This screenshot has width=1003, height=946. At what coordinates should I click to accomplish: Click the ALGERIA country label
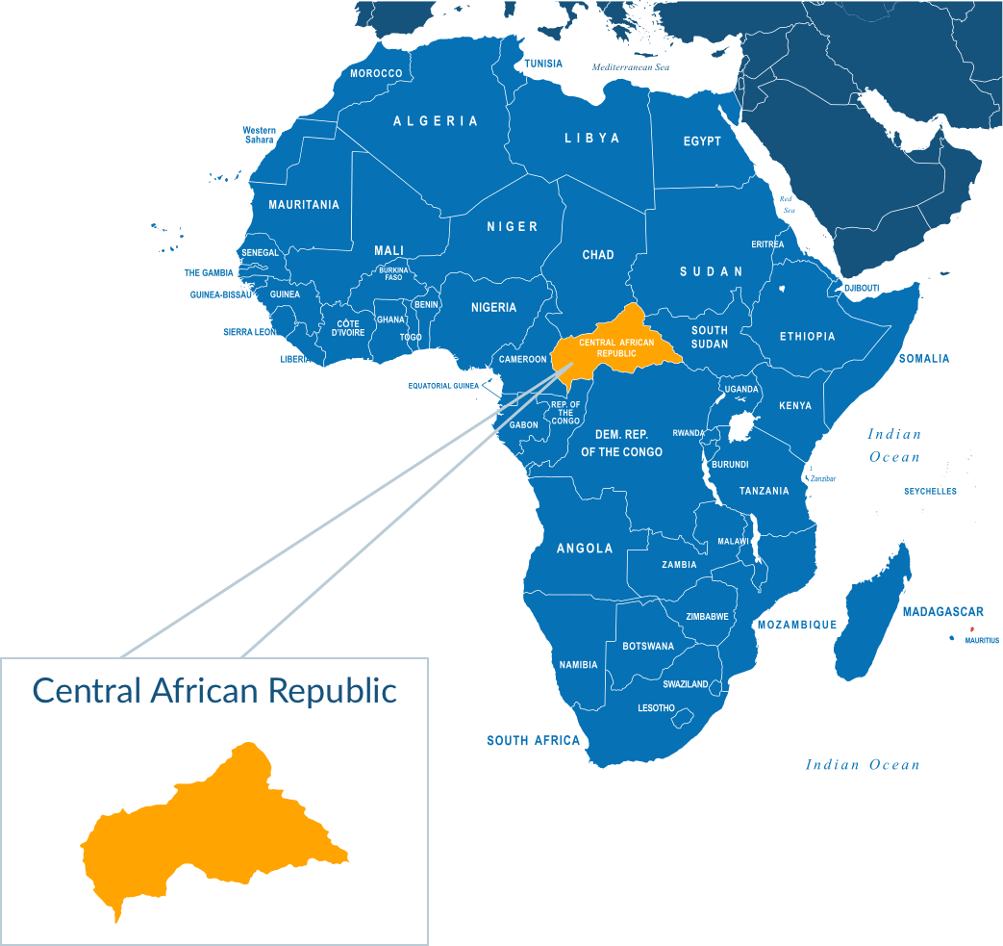(436, 121)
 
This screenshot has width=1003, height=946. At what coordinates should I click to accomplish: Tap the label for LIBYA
(591, 139)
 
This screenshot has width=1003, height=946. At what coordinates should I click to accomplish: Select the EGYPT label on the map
(702, 141)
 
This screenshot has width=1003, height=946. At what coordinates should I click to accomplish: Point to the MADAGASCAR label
(942, 612)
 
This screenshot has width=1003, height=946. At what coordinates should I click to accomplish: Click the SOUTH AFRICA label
(533, 740)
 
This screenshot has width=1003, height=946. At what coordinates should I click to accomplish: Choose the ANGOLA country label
(585, 549)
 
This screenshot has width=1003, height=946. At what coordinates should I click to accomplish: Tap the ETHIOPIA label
(807, 337)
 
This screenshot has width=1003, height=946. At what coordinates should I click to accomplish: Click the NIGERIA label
(493, 308)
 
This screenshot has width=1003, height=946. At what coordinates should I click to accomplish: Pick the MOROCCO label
(376, 74)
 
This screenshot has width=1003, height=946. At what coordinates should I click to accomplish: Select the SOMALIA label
(923, 359)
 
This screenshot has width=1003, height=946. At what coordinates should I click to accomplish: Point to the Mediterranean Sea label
(630, 67)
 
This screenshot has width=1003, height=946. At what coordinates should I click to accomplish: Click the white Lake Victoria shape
(741, 425)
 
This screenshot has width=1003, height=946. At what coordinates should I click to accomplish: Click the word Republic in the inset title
(332, 690)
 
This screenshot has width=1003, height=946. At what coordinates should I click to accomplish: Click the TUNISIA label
(543, 64)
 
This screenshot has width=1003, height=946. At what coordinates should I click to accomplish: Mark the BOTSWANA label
(648, 646)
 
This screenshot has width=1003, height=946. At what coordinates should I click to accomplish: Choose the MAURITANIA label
(304, 205)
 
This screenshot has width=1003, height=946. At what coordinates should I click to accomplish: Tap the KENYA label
(795, 406)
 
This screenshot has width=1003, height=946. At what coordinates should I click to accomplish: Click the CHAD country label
(598, 255)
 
